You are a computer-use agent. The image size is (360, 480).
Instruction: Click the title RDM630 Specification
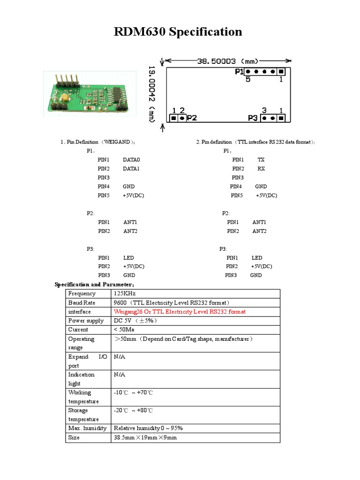(178, 32)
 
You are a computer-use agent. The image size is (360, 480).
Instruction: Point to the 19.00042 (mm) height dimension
(152, 94)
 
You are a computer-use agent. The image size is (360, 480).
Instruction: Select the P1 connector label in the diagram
(239, 72)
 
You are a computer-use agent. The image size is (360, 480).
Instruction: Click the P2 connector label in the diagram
(192, 118)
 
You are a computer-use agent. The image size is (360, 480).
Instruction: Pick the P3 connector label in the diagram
(252, 118)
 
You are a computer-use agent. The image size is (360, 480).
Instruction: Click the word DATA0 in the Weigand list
(131, 160)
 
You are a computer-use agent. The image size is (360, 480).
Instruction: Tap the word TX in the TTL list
(261, 160)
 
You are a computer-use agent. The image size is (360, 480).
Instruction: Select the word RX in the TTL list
(261, 169)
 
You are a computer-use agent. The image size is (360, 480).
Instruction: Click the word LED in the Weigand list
(128, 258)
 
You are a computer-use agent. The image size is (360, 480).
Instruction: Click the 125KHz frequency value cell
(124, 293)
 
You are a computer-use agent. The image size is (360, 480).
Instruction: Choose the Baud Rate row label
(82, 303)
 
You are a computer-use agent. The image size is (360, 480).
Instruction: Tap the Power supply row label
(86, 321)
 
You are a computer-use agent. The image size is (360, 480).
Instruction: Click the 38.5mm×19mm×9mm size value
(145, 437)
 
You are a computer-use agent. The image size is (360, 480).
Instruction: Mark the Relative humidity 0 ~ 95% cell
(148, 428)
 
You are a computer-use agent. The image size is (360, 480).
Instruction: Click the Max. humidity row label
(87, 428)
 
